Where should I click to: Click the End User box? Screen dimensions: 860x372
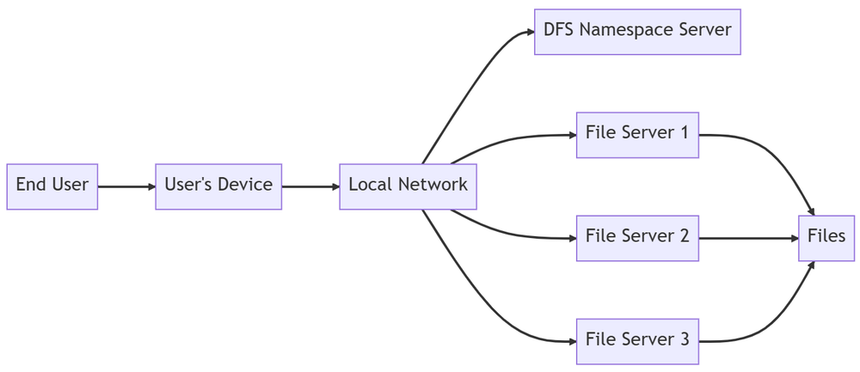tap(52, 186)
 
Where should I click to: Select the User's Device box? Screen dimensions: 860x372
tap(218, 186)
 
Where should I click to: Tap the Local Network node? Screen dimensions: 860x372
tap(408, 186)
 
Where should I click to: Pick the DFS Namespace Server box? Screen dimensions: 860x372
tap(637, 32)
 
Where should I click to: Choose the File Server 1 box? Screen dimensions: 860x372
tap(637, 135)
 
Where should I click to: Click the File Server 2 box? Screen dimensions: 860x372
tap(637, 238)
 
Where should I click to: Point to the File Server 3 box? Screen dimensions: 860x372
tap(637, 341)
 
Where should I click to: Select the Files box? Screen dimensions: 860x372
tap(826, 238)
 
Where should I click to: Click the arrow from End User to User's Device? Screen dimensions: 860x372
tap(126, 186)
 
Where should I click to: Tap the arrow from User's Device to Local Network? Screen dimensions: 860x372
tap(310, 186)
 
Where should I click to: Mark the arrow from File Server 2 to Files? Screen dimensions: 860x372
tap(749, 238)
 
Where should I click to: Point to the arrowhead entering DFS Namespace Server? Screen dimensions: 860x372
tap(531, 32)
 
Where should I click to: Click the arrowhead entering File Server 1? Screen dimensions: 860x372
tap(572, 135)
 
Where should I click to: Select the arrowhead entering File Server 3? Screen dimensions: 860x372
tap(572, 341)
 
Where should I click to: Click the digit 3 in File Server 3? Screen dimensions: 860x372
tap(684, 339)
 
